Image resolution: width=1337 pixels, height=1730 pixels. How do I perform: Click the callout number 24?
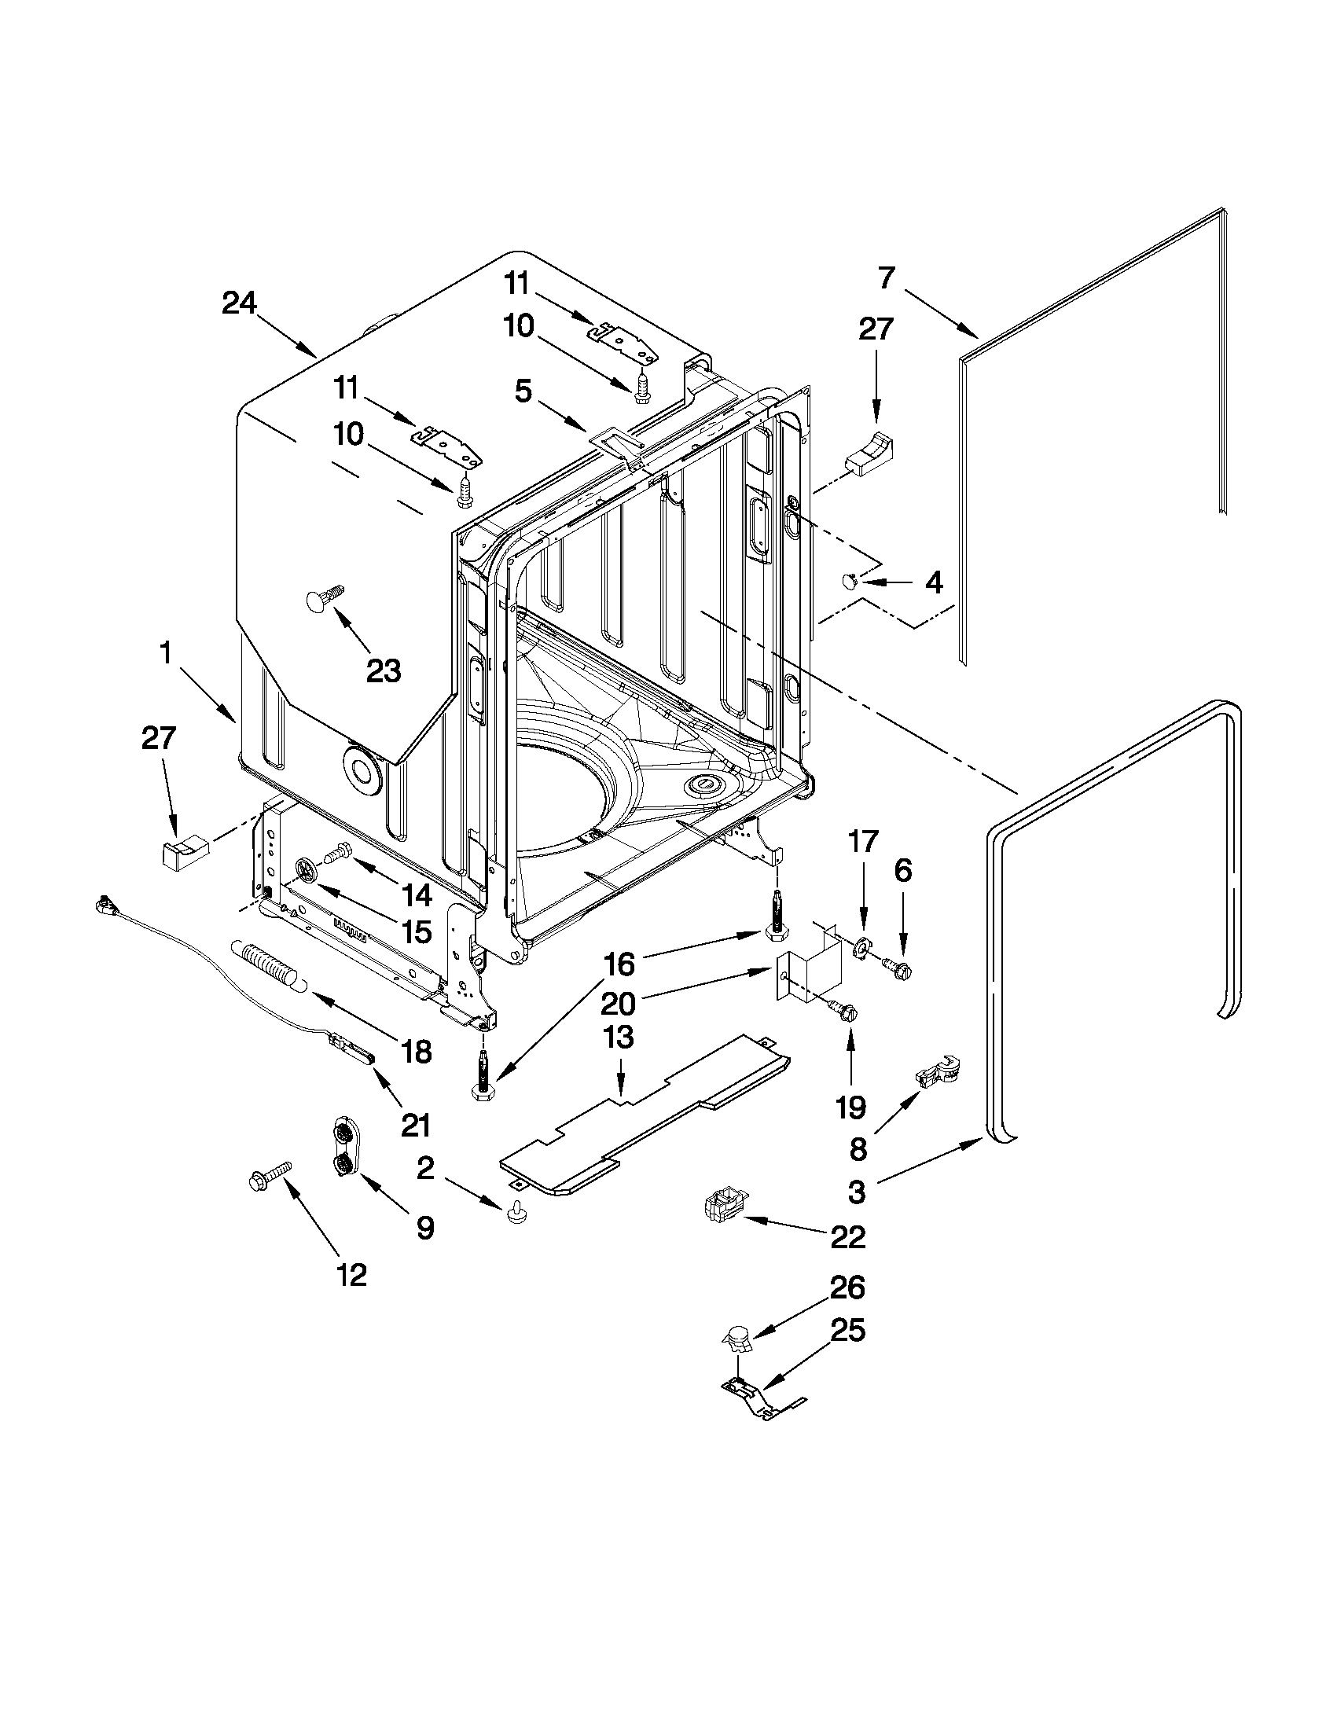(x=238, y=303)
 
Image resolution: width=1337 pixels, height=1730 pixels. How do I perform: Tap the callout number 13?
(x=619, y=1037)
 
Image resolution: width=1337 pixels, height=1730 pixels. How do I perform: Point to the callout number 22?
(x=847, y=1236)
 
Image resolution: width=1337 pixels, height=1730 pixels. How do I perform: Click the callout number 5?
(x=523, y=391)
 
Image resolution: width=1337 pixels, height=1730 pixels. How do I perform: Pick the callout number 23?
(x=384, y=670)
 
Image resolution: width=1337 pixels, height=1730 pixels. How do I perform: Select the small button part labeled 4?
(x=849, y=582)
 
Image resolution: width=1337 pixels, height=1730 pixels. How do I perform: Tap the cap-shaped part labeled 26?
(x=738, y=1339)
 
